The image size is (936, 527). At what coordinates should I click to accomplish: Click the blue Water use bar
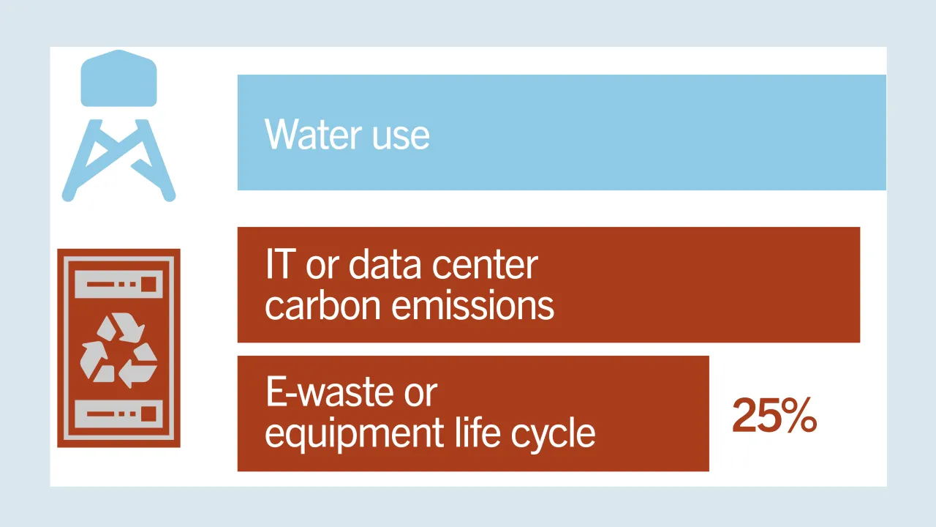click(x=562, y=132)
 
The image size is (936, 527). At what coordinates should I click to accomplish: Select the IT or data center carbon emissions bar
click(x=548, y=285)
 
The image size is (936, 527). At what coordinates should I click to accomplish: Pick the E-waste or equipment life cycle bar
click(x=473, y=414)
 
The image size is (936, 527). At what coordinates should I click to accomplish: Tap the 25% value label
click(x=774, y=415)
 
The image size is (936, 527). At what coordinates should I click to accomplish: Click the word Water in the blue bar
click(x=313, y=134)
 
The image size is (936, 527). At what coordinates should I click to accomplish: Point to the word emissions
click(x=472, y=306)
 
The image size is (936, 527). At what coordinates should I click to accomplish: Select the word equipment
click(x=354, y=435)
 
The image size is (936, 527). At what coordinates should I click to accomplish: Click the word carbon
click(x=323, y=306)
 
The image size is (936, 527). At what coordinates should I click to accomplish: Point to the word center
click(x=485, y=266)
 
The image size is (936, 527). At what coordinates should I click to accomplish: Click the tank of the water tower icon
click(x=118, y=78)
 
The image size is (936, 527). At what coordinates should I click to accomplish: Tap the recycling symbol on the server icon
click(x=118, y=350)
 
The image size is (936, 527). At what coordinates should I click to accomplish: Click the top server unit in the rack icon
click(x=118, y=284)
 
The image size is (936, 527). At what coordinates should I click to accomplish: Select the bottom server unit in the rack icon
click(x=118, y=414)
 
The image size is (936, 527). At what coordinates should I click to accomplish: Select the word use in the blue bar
click(x=401, y=137)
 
